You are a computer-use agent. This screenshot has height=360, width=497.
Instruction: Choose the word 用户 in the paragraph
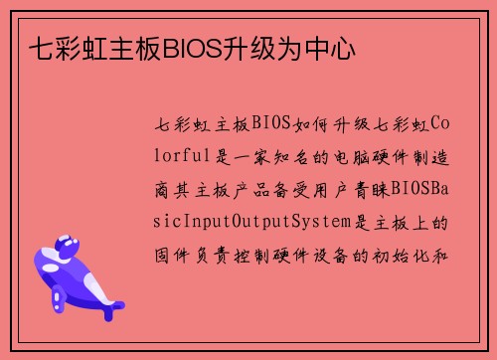click(x=327, y=187)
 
